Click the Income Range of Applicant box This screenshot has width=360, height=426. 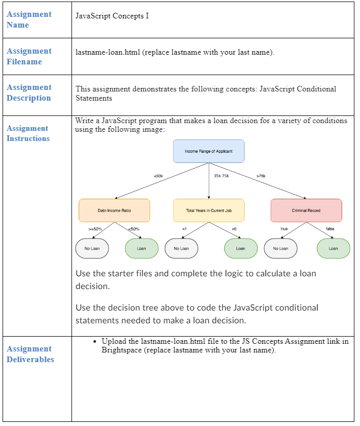208,151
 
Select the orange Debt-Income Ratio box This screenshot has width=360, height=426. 114,210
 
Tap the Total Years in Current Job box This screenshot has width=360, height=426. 208,210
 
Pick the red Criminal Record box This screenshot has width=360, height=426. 306,210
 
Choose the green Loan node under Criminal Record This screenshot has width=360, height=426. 333,248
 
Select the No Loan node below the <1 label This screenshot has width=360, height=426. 181,248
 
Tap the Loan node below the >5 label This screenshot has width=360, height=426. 241,248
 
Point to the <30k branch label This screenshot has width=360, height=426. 158,176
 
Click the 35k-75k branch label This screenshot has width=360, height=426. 222,176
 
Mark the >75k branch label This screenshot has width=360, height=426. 261,176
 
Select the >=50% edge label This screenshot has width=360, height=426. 95,229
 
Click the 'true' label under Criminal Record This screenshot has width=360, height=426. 284,229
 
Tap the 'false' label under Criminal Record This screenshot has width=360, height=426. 330,229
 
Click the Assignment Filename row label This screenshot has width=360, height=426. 29,56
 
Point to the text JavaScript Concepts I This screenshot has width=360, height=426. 112,16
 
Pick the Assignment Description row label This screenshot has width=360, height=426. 29,92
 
